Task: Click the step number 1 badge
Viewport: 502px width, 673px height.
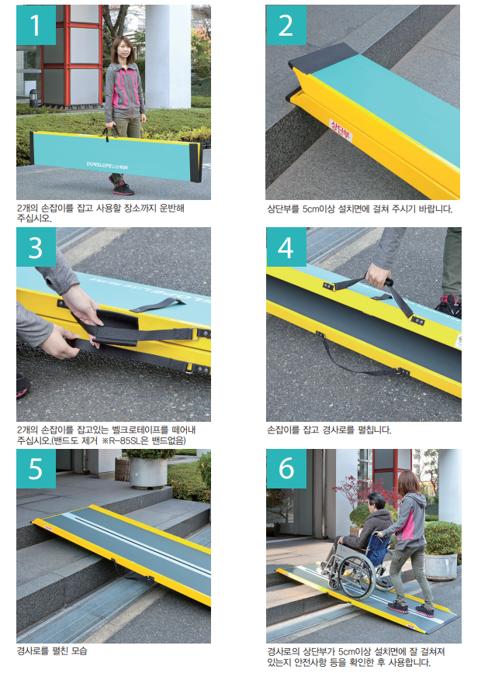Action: point(36,25)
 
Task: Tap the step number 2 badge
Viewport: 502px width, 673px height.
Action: point(286,25)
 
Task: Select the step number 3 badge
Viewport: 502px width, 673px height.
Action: point(36,247)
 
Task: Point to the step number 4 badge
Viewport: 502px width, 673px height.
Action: point(286,247)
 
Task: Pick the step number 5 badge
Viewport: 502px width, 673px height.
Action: point(36,468)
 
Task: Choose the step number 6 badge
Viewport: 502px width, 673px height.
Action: point(286,468)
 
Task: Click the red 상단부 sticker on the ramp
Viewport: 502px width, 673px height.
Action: point(341,130)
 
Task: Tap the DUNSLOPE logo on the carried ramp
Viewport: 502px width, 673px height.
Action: point(107,165)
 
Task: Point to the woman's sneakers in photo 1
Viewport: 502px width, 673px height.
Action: point(122,188)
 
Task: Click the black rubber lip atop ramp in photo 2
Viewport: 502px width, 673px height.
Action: point(323,56)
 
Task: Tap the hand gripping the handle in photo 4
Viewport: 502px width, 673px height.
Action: point(377,276)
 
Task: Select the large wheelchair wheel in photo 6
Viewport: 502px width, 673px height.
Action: point(357,578)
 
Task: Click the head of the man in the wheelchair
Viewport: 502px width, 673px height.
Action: point(376,503)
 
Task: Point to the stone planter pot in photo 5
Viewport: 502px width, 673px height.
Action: point(148,472)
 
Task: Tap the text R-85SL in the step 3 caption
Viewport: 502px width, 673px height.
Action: point(128,441)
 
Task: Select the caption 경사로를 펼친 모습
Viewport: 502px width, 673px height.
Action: point(52,651)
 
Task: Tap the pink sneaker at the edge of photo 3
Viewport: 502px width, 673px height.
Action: point(23,385)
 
